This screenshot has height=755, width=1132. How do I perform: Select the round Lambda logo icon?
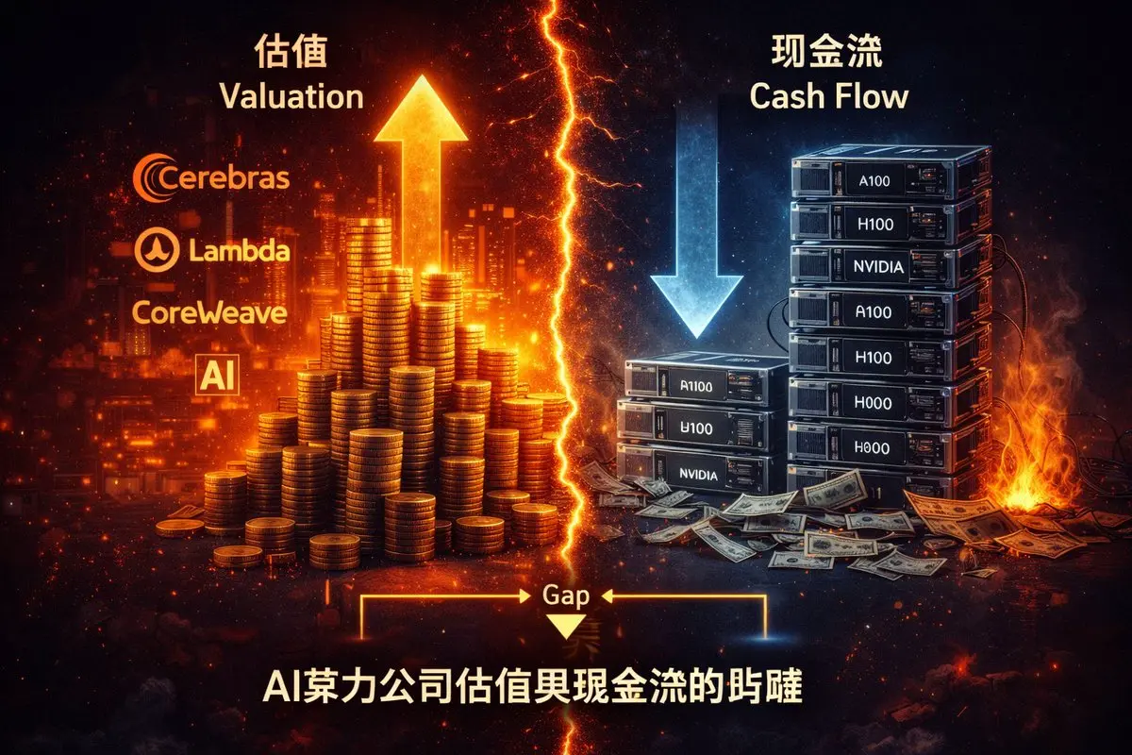154,250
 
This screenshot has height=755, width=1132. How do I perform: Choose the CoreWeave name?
210,312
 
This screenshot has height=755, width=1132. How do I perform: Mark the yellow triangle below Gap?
566,627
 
